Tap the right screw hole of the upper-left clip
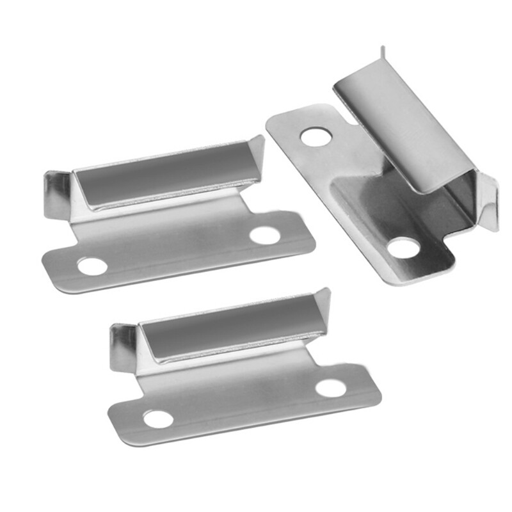click(265, 235)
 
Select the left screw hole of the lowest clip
click(158, 419)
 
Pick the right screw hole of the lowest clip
click(331, 388)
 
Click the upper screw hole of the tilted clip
click(315, 136)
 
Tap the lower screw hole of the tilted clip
click(403, 247)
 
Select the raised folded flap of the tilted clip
click(403, 128)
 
